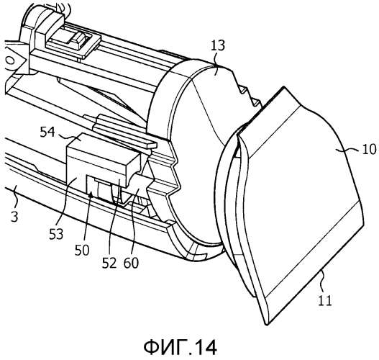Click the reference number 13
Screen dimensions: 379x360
pyautogui.click(x=218, y=45)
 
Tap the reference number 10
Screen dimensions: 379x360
pyautogui.click(x=369, y=149)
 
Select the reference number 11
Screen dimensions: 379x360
pyautogui.click(x=325, y=300)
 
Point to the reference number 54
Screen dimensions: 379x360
pyautogui.click(x=47, y=132)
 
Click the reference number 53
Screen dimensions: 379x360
pyautogui.click(x=56, y=234)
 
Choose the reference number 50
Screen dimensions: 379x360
pyautogui.click(x=82, y=250)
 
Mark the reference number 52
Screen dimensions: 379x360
pyautogui.click(x=109, y=263)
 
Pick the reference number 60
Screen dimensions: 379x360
pyautogui.click(x=132, y=263)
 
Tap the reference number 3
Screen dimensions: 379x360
pyautogui.click(x=14, y=217)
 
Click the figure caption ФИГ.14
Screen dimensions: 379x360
pyautogui.click(x=181, y=347)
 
